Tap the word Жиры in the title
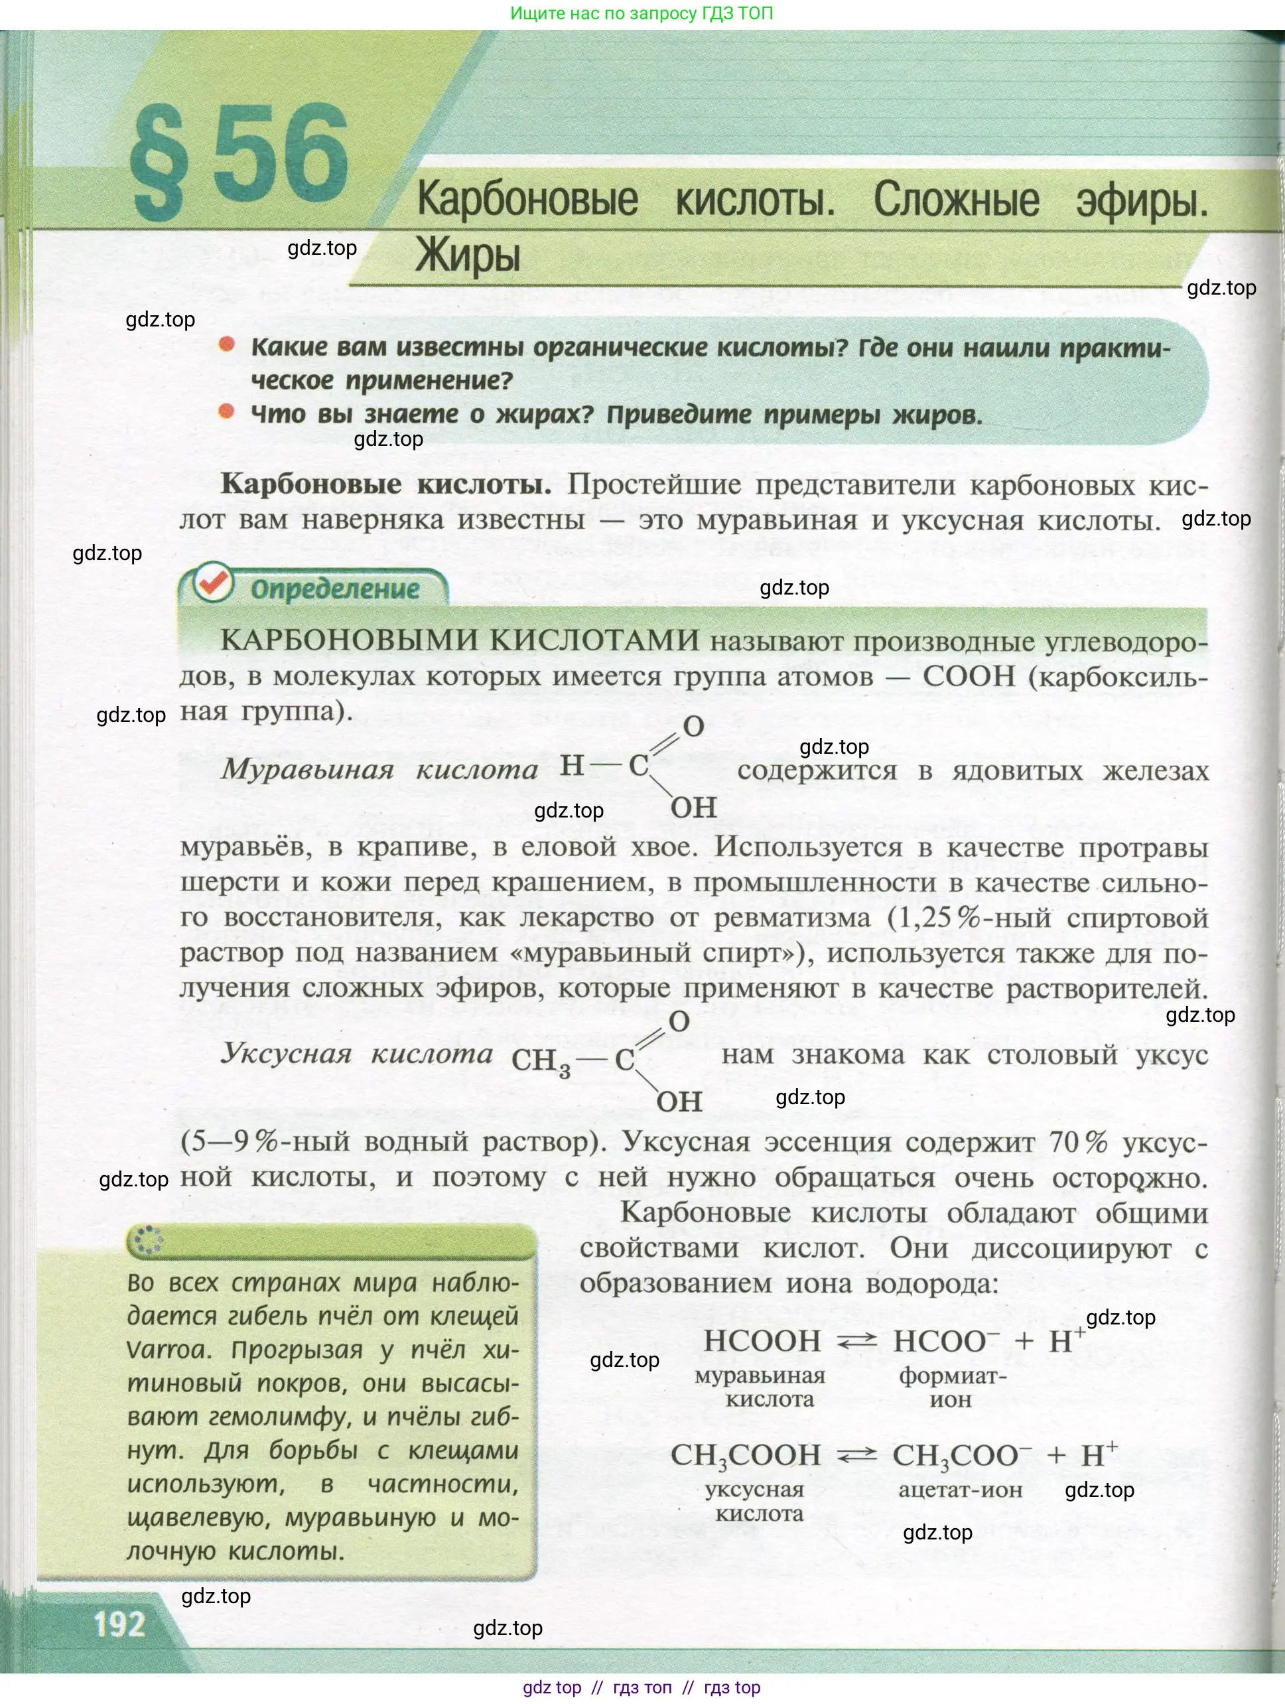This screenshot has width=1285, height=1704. click(x=468, y=255)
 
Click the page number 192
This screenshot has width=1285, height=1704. click(x=119, y=1624)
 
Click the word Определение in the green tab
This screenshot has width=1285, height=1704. click(x=335, y=589)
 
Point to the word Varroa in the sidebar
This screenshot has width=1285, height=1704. click(x=167, y=1350)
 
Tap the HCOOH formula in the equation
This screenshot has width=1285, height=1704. click(x=761, y=1341)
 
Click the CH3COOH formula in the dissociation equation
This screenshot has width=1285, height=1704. click(x=745, y=1455)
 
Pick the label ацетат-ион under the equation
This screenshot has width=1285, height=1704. click(x=960, y=1490)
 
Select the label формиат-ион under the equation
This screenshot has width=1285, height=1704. click(x=952, y=1387)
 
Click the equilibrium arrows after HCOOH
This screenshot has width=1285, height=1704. click(x=856, y=1342)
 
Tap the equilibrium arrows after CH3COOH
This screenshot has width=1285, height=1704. click(x=856, y=1455)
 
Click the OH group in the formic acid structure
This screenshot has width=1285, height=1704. click(x=693, y=808)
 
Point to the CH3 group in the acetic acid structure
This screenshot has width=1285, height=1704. click(x=541, y=1062)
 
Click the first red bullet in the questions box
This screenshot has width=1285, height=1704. click(x=226, y=344)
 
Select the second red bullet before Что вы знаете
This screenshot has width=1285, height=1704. click(x=226, y=411)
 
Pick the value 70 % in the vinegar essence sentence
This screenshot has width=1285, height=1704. click(x=1077, y=1142)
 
